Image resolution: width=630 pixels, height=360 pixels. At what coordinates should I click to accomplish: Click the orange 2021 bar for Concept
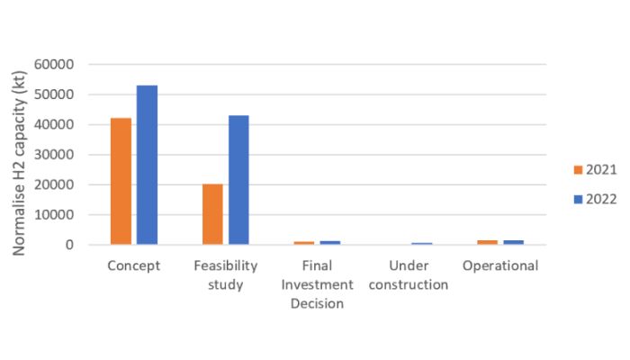(x=121, y=181)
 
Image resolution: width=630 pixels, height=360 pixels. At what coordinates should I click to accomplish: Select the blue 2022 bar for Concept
(x=147, y=165)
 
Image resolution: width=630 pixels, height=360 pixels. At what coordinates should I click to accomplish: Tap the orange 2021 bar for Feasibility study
(x=212, y=214)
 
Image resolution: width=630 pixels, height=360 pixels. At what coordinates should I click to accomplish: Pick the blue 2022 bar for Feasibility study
(x=238, y=180)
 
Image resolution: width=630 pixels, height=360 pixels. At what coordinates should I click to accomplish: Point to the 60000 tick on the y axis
(x=56, y=65)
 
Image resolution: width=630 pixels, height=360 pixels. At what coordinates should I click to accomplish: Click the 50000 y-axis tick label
(x=56, y=94)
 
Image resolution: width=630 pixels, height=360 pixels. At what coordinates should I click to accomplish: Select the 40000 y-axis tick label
(x=56, y=125)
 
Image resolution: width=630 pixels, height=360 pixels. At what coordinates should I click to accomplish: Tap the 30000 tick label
(x=56, y=155)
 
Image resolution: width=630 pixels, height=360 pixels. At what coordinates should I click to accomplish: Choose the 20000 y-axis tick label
(x=56, y=184)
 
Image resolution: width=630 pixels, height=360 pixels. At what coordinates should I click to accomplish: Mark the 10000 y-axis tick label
(x=56, y=215)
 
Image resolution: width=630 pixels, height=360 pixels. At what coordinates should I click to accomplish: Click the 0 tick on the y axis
(x=69, y=245)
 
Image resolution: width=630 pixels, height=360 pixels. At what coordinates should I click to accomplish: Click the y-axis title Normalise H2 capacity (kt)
(x=19, y=155)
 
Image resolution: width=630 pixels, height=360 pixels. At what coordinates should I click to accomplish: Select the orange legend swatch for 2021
(x=578, y=170)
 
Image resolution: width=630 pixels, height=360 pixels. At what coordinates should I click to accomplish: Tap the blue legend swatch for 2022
(x=578, y=199)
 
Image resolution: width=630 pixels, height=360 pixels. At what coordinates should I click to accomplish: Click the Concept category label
(x=133, y=266)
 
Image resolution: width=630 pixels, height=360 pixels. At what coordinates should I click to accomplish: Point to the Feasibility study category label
(x=225, y=275)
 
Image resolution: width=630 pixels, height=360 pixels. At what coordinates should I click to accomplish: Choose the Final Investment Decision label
(x=318, y=284)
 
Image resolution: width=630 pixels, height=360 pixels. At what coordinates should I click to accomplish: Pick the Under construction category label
(x=409, y=275)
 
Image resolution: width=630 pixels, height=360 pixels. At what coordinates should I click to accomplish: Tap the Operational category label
(x=500, y=266)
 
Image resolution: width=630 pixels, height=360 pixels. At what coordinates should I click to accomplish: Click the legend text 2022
(x=601, y=199)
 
